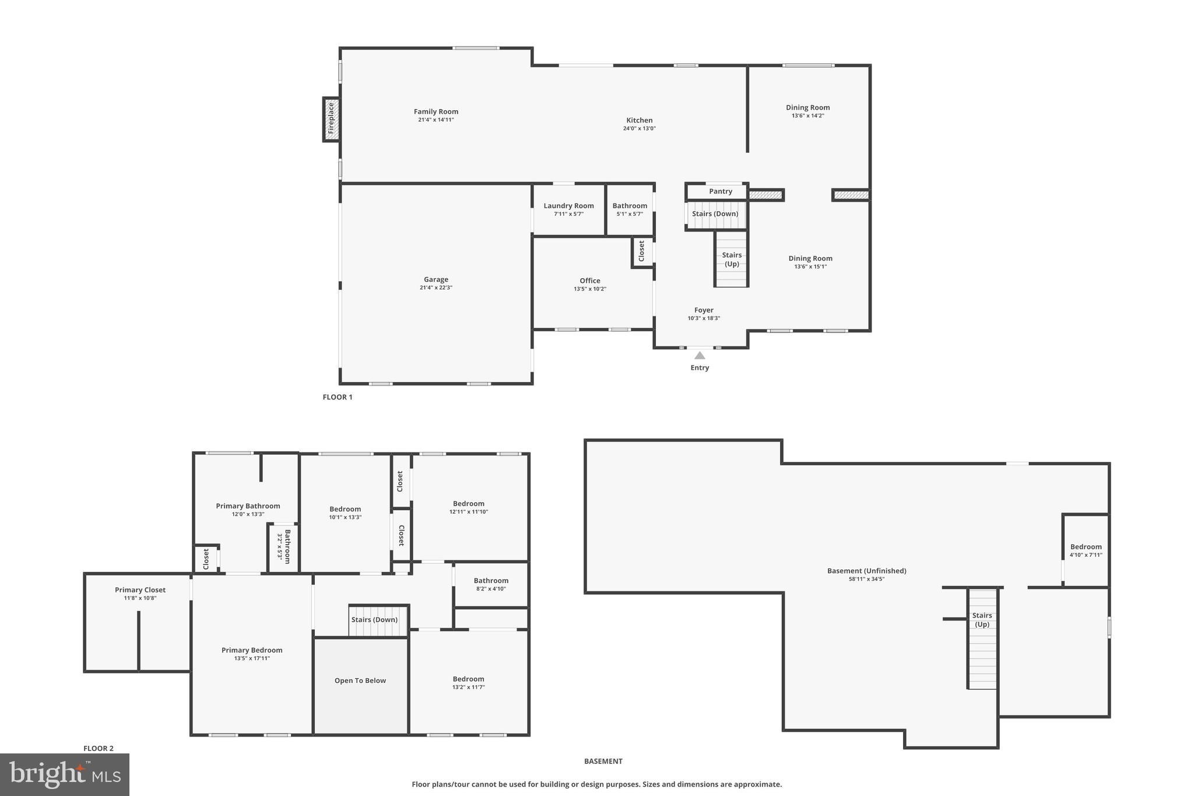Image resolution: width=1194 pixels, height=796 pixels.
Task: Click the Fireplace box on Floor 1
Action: [x=331, y=119]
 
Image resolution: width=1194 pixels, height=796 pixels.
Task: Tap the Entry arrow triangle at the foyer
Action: [x=700, y=355]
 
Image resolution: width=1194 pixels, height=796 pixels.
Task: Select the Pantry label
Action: [x=720, y=191]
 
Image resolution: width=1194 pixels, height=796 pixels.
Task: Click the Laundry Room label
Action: [x=568, y=206]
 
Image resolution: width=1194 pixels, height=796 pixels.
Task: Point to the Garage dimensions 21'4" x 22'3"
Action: [x=436, y=287]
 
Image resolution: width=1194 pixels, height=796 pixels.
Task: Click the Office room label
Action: [x=589, y=280]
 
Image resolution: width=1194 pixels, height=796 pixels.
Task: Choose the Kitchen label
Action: [x=639, y=120]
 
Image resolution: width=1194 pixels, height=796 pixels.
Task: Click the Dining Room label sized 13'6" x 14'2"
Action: [x=807, y=107]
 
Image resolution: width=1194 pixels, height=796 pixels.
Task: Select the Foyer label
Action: [x=704, y=310]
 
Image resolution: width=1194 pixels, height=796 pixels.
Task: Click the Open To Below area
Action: [x=360, y=681]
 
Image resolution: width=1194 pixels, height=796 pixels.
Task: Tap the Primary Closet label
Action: [x=140, y=590]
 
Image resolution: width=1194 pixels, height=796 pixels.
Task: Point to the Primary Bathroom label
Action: [x=248, y=506]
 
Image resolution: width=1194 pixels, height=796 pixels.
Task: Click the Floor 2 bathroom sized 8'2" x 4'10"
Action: [x=491, y=584]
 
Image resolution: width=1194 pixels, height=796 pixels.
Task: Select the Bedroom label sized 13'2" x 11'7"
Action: [x=468, y=679]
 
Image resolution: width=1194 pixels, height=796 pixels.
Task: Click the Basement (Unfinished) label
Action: [x=866, y=571]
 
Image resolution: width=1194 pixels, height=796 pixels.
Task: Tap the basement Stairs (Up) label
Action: [x=982, y=619]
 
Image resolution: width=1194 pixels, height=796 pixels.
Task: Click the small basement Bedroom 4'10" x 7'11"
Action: [x=1086, y=550]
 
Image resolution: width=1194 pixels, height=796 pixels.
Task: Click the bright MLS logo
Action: [x=65, y=774]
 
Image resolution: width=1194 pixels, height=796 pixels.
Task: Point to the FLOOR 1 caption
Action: [x=338, y=397]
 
